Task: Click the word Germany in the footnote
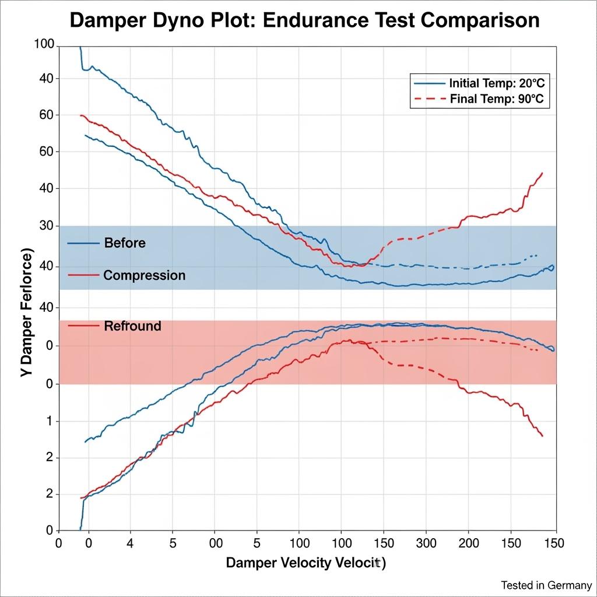click(x=571, y=585)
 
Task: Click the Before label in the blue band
click(x=125, y=243)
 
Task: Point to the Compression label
click(x=144, y=275)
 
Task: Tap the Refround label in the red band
click(x=132, y=326)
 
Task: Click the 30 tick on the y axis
click(x=45, y=226)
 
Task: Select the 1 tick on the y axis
click(x=50, y=421)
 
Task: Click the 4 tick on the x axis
click(x=129, y=543)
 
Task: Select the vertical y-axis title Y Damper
click(x=27, y=315)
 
